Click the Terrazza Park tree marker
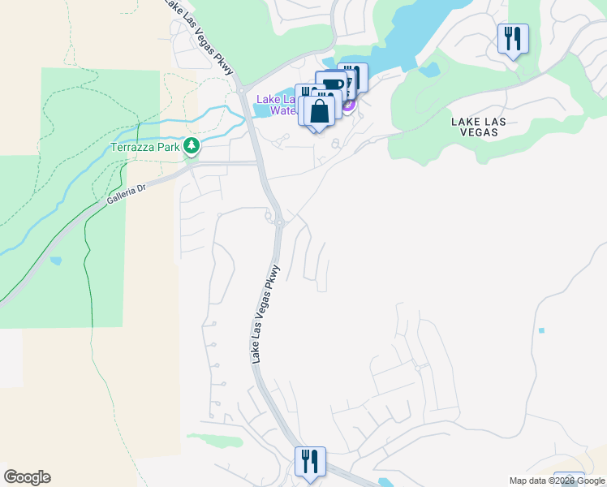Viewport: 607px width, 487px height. [192, 147]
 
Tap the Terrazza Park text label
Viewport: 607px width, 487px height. [145, 148]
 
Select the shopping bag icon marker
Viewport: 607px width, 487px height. [321, 111]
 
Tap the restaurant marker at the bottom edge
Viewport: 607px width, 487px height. [309, 463]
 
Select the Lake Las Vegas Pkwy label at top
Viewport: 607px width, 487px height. [199, 37]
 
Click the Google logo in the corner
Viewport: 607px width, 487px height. [27, 477]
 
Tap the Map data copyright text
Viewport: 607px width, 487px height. [557, 481]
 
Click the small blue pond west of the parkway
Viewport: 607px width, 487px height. [55, 261]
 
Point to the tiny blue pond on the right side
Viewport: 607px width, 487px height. [540, 330]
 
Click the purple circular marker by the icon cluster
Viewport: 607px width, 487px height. [349, 105]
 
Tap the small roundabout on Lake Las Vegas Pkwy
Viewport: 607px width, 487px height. [278, 222]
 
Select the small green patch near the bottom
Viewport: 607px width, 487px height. [215, 441]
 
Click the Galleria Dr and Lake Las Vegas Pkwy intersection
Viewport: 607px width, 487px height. [260, 163]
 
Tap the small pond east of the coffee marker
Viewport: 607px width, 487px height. [429, 70]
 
